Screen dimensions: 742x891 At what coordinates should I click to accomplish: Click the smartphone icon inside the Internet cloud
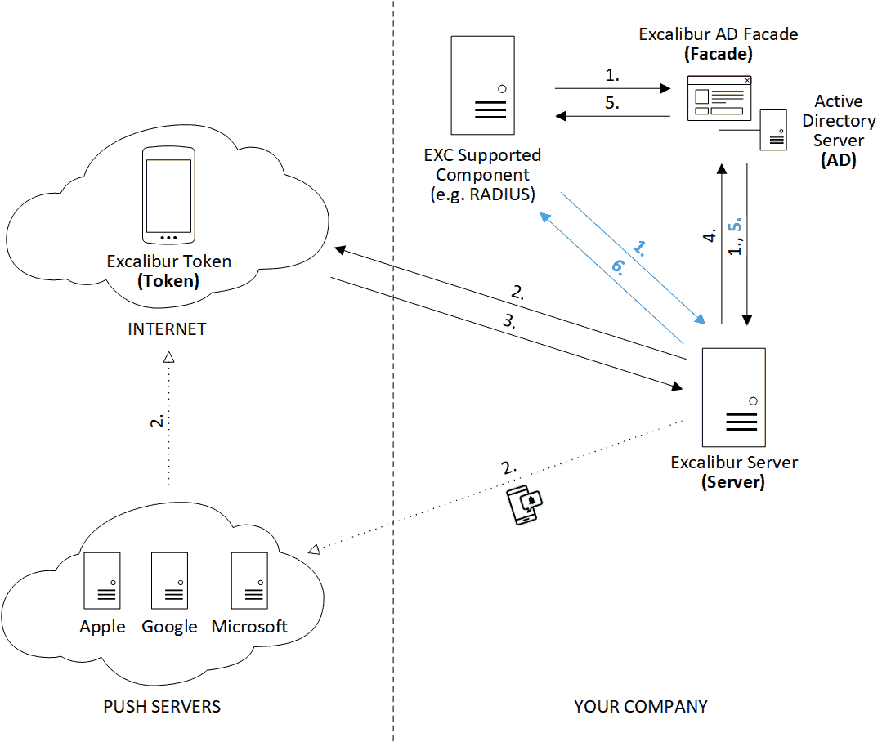[x=168, y=195]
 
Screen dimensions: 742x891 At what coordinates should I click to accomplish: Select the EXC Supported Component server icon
[x=482, y=85]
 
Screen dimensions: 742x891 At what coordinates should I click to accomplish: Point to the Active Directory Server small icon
[x=773, y=129]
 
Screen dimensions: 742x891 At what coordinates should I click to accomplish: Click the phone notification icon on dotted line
[x=524, y=505]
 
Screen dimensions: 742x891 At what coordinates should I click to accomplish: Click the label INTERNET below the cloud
[x=167, y=329]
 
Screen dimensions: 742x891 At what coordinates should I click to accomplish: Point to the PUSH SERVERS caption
[x=162, y=706]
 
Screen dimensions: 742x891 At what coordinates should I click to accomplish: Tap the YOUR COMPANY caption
[x=640, y=706]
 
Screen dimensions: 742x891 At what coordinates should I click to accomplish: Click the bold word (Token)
[x=168, y=281]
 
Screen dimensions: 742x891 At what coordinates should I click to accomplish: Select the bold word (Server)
[x=733, y=482]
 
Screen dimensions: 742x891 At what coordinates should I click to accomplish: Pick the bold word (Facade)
[x=719, y=55]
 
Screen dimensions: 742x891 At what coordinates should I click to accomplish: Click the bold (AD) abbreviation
[x=838, y=160]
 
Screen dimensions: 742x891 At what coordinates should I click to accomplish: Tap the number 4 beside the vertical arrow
[x=710, y=235]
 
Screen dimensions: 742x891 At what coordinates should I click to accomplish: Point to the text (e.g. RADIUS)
[x=481, y=194]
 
